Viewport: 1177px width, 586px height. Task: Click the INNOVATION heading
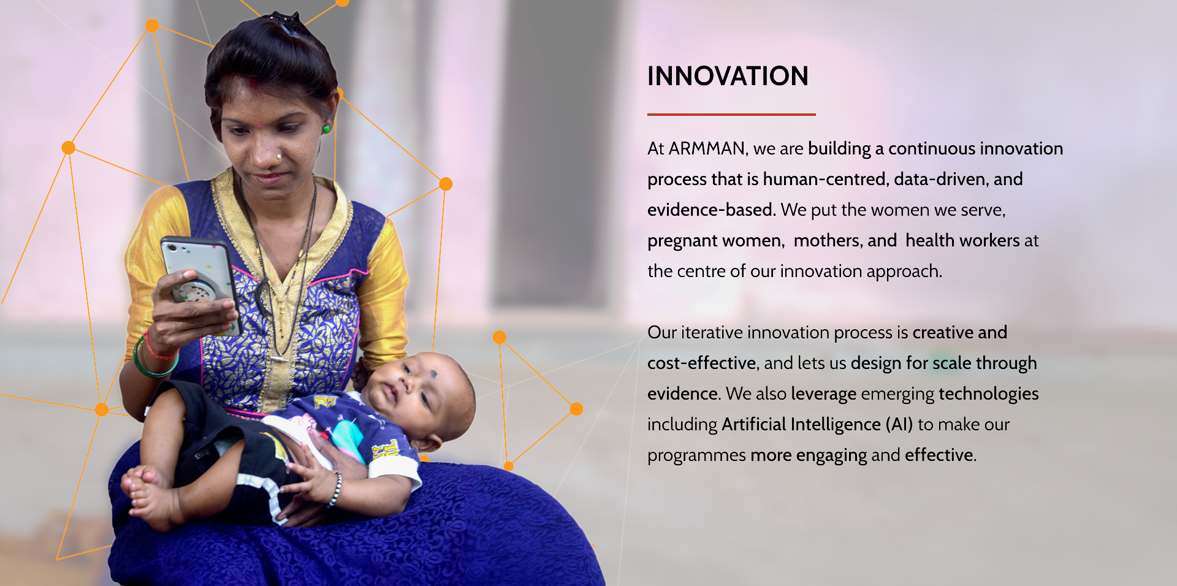click(728, 76)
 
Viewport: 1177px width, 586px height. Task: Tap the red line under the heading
click(731, 114)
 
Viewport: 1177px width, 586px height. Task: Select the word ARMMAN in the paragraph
click(707, 148)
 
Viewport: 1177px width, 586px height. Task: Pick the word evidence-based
click(711, 210)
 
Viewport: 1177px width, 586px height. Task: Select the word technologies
click(988, 394)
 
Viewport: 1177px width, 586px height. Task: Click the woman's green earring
click(327, 129)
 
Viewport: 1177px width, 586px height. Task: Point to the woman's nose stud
click(279, 157)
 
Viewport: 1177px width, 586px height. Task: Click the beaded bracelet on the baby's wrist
click(335, 490)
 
